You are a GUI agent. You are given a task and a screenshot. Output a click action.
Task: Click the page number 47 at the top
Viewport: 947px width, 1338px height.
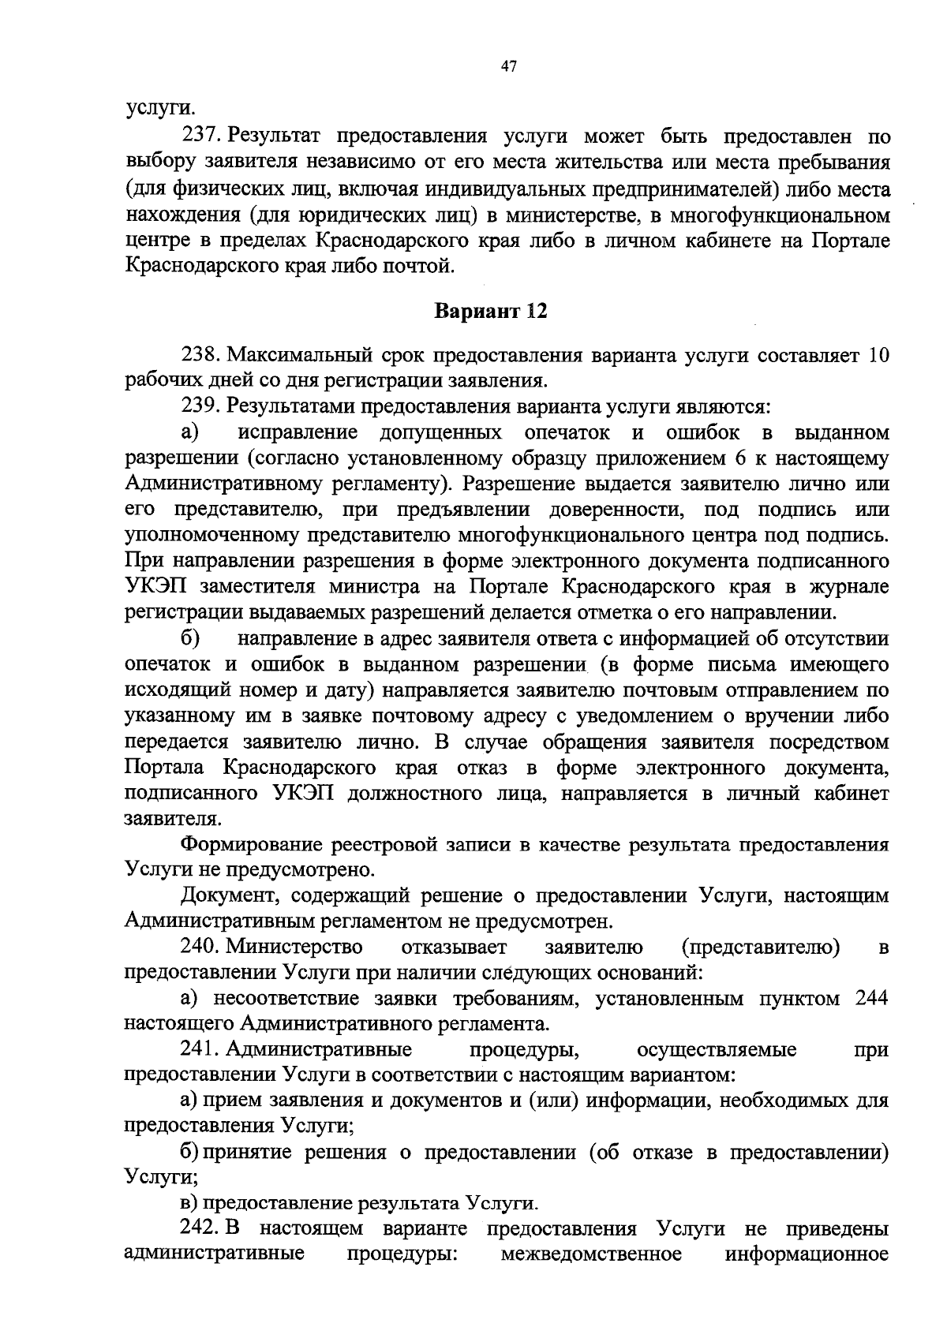507,67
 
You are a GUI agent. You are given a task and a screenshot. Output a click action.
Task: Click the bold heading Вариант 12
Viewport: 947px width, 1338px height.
491,311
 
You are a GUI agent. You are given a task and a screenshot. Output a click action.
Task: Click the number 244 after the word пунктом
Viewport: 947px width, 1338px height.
872,999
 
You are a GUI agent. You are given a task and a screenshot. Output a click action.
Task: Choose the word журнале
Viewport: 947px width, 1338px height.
850,588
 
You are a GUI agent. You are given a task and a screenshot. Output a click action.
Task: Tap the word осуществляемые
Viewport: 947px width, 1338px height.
716,1050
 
